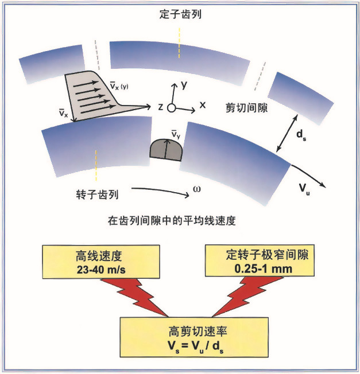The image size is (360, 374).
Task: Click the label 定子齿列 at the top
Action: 180,14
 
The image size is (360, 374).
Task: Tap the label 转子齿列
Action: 97,194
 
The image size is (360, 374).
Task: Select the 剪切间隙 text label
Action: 246,108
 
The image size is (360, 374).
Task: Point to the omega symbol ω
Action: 197,189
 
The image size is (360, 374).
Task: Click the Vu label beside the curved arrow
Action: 304,189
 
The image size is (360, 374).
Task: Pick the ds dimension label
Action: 301,135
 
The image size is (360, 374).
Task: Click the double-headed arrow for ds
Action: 287,133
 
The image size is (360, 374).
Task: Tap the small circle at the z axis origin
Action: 171,108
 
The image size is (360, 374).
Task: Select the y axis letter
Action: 184,85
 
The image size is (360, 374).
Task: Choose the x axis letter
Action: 203,105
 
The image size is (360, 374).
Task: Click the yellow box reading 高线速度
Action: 101,262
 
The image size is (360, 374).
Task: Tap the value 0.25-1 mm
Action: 263,269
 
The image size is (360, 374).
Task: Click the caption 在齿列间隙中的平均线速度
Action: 172,221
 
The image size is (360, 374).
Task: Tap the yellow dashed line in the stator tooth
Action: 179,43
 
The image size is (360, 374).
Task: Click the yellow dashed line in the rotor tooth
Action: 96,165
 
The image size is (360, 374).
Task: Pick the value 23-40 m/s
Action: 101,270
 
